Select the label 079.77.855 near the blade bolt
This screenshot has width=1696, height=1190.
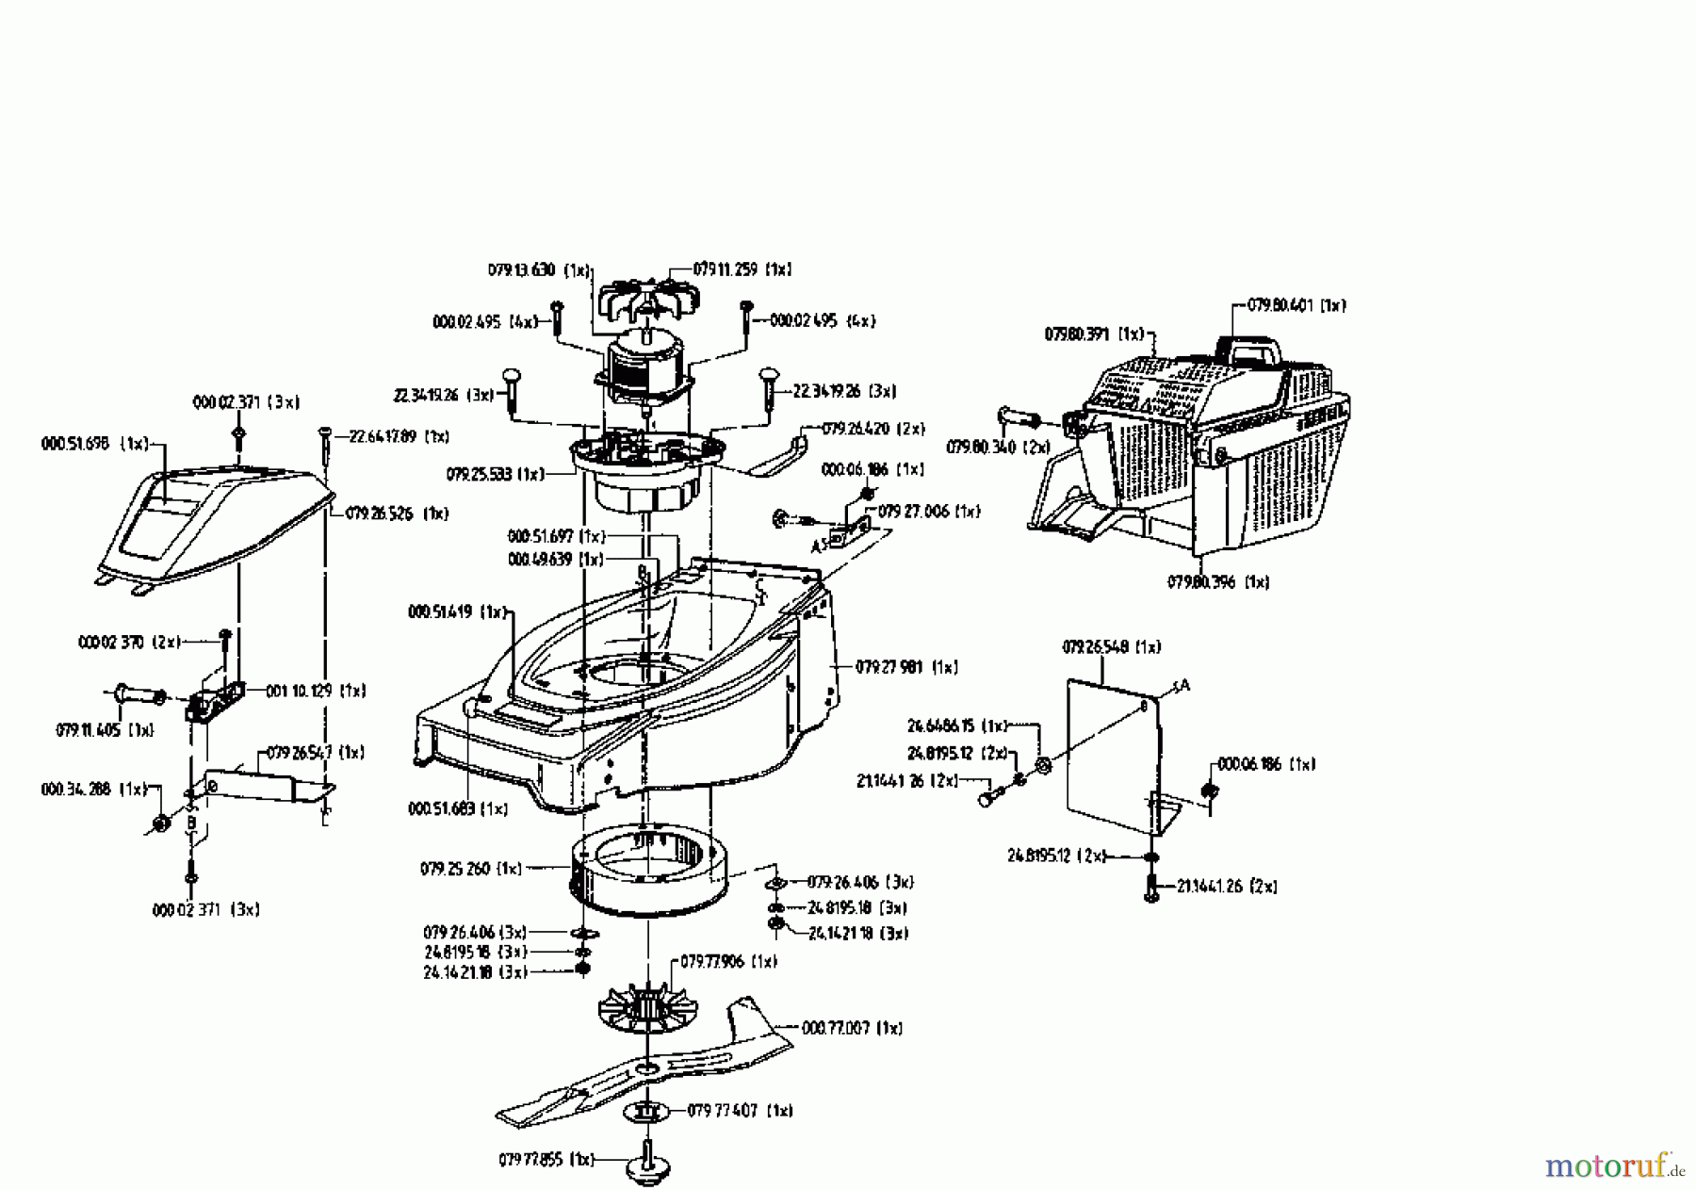pyautogui.click(x=533, y=1159)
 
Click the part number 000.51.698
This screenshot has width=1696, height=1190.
pyautogui.click(x=81, y=443)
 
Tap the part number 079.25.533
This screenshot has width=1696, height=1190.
pyautogui.click(x=481, y=474)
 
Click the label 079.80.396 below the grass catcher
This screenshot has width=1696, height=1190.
pyautogui.click(x=1204, y=582)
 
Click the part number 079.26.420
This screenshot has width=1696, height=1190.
pyautogui.click(x=858, y=429)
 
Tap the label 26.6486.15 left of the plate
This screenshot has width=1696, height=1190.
pyautogui.click(x=942, y=725)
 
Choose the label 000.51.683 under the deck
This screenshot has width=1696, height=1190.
pyautogui.click(x=443, y=808)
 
